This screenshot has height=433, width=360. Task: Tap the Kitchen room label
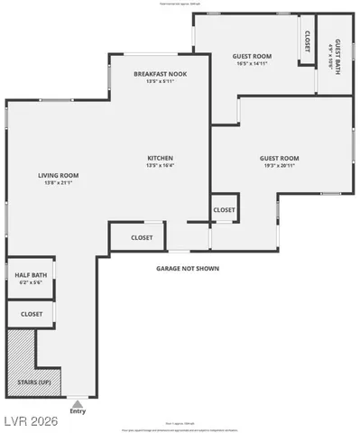click(x=160, y=158)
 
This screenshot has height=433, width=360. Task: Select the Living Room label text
click(x=58, y=175)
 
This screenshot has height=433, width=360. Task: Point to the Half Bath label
click(x=30, y=276)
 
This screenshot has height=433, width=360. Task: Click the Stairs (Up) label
click(x=33, y=383)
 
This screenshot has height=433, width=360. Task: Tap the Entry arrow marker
click(x=78, y=403)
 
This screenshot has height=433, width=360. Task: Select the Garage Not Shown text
click(x=188, y=268)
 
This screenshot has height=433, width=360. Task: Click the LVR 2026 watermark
click(x=28, y=419)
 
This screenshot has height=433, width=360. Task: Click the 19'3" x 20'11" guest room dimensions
click(x=281, y=166)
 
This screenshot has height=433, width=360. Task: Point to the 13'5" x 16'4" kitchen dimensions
click(x=160, y=166)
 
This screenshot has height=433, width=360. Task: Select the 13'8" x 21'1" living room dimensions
click(x=58, y=183)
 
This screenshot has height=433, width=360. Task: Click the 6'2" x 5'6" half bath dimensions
click(x=30, y=284)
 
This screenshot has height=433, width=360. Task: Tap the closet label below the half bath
click(x=32, y=314)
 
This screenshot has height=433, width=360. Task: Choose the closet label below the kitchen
click(x=142, y=238)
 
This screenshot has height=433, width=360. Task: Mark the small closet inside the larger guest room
click(x=224, y=210)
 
